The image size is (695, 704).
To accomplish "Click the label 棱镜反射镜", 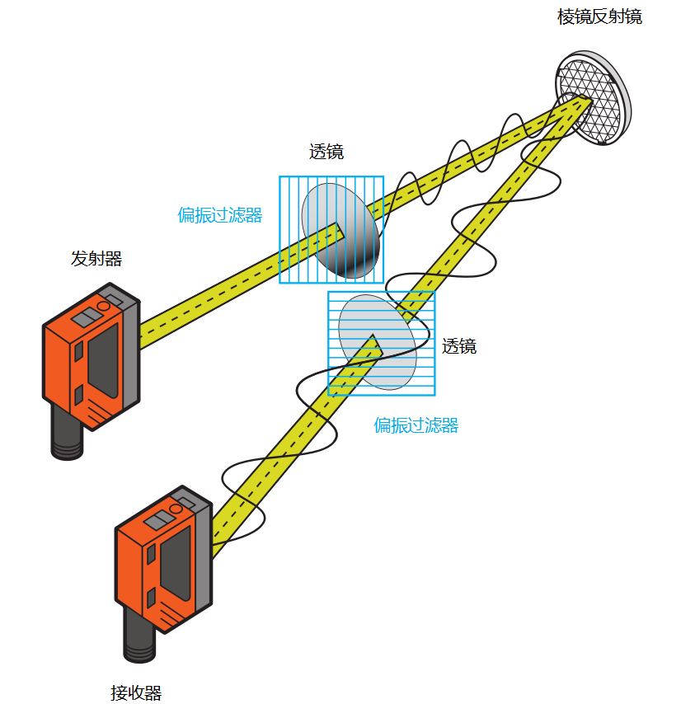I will point(599,16).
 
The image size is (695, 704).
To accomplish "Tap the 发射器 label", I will point(96,259).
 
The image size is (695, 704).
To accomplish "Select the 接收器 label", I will point(136,692).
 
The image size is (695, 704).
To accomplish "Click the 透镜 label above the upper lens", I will point(326,152).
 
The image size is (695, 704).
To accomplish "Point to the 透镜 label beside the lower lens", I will point(459,346).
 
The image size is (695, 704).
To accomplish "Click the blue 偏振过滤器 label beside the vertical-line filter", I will point(220,215).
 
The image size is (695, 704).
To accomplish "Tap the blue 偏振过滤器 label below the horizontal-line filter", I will point(416,425).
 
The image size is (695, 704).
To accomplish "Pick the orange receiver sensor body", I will point(148,569).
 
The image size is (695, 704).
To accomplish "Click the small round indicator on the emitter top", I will point(103,307).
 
